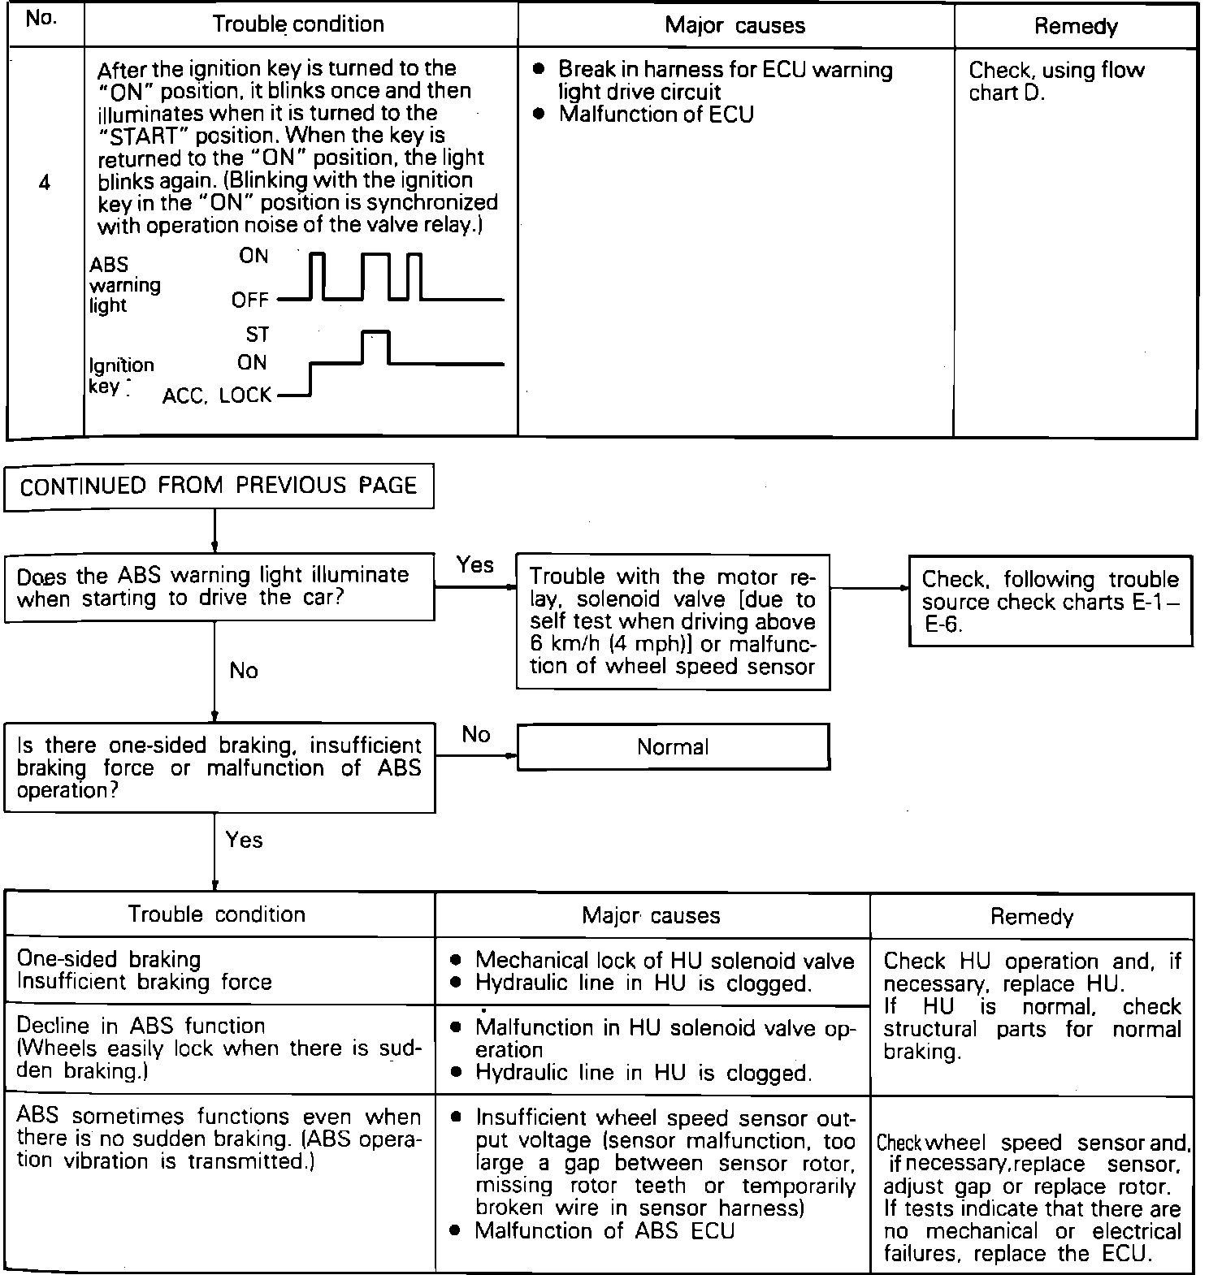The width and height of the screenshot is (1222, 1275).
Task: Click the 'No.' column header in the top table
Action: pos(41,20)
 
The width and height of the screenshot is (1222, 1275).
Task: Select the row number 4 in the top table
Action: pos(44,184)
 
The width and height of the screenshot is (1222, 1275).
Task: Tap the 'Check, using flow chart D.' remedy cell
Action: pos(1056,81)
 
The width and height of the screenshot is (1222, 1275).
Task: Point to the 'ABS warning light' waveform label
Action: pos(124,285)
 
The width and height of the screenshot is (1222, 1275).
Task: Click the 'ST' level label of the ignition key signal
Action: pos(257,335)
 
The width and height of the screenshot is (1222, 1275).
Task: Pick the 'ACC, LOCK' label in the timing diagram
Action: pos(217,395)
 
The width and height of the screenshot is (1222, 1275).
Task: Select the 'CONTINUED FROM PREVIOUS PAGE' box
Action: pos(219,486)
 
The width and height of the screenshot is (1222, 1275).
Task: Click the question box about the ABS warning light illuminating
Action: pos(219,587)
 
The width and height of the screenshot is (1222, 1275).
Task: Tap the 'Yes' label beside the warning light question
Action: pos(474,564)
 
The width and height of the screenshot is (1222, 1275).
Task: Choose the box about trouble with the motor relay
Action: pos(673,622)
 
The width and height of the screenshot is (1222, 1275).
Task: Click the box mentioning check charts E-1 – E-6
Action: pos(1050,602)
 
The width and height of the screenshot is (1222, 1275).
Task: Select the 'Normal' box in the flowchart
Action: pos(673,747)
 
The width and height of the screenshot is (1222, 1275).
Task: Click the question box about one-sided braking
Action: pos(219,767)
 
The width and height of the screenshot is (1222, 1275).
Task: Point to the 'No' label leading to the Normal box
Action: pos(476,735)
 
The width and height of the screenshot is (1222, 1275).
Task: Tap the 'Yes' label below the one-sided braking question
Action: pos(244,840)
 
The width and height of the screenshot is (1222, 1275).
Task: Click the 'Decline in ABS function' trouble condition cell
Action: pos(219,1048)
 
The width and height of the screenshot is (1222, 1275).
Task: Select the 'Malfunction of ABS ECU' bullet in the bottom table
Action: pos(604,1231)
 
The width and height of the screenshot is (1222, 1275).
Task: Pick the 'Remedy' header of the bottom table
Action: pos(1031,917)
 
